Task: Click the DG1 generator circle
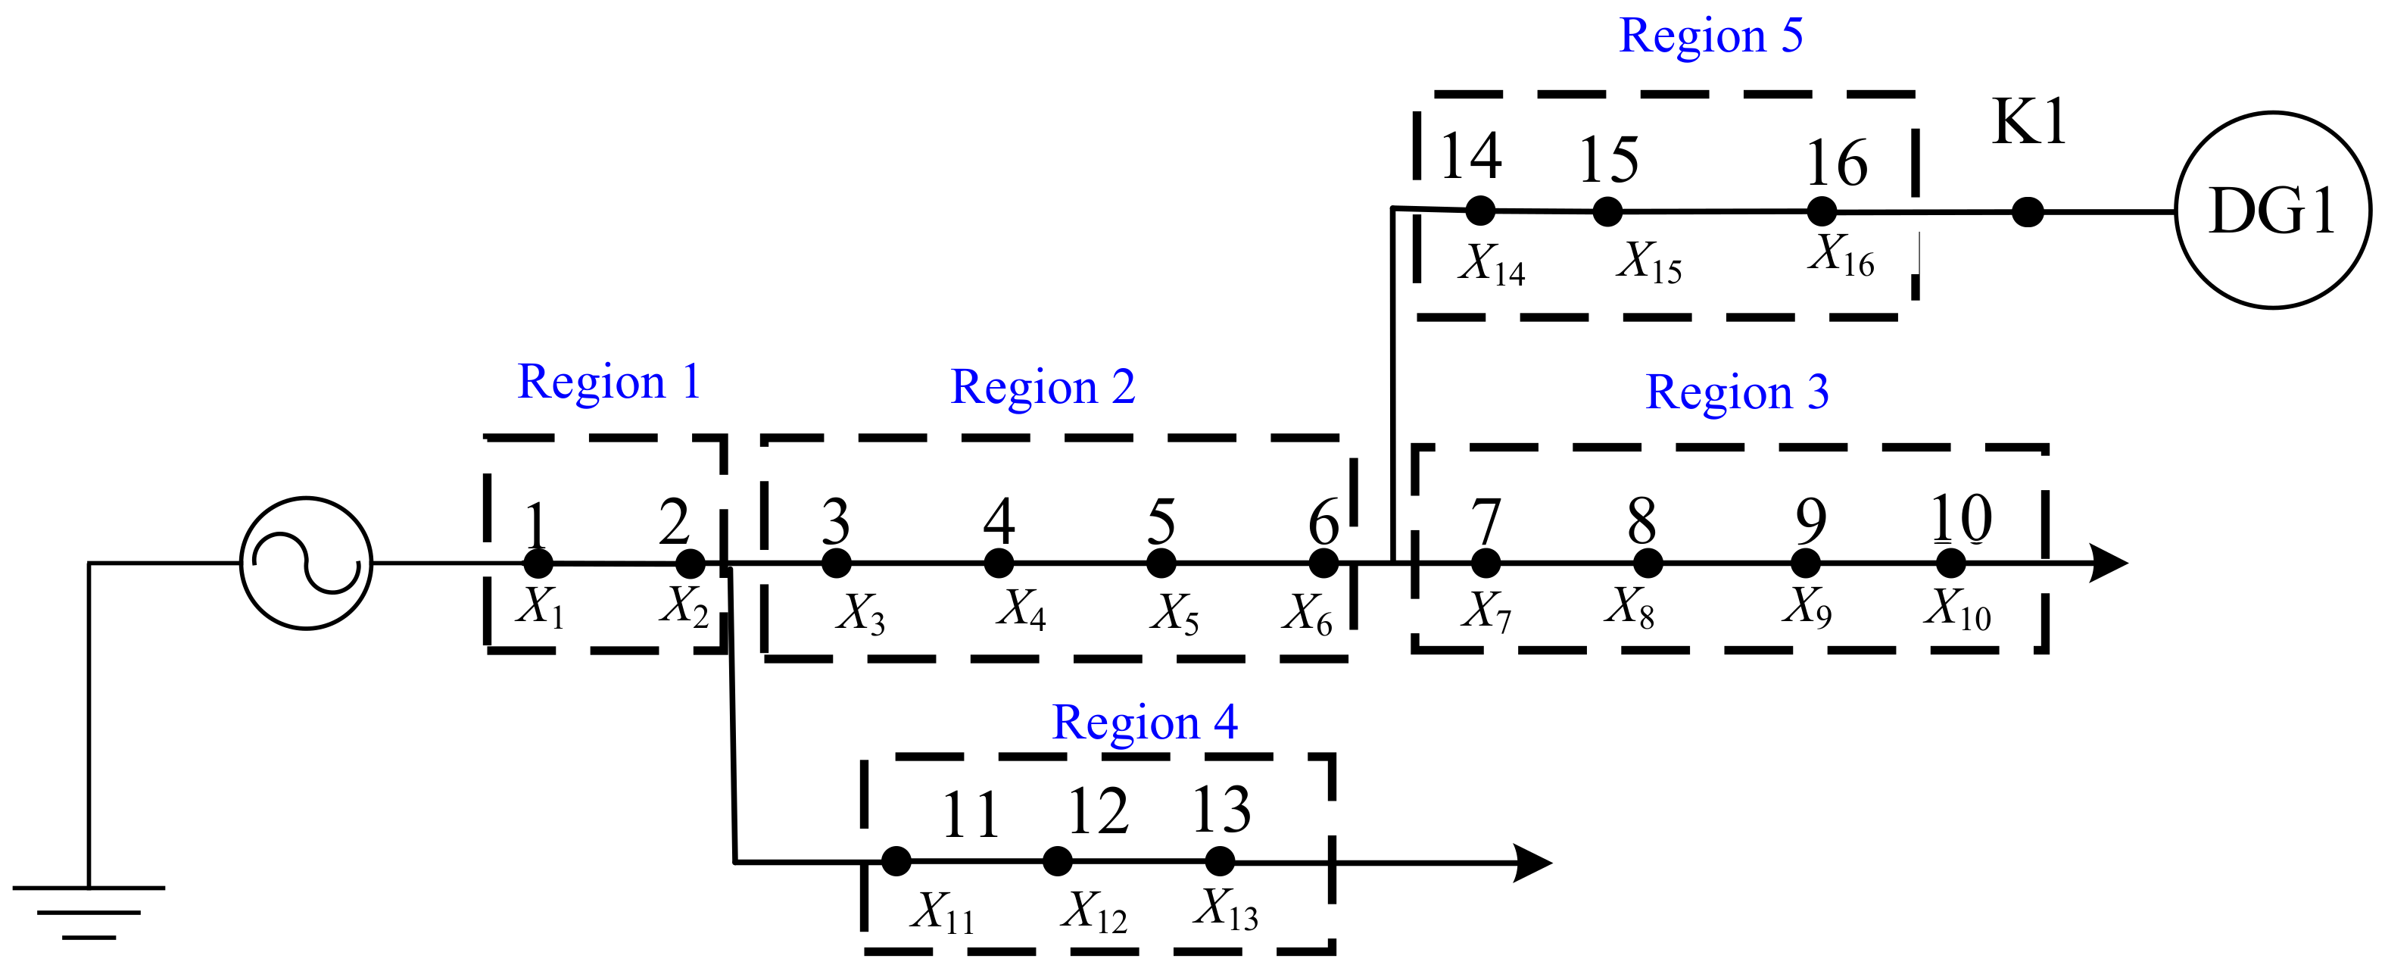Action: (2272, 211)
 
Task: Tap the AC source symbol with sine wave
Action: (307, 564)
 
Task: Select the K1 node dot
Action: (2027, 212)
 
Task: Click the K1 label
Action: (2028, 122)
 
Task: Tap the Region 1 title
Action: (608, 383)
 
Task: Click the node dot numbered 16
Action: (1821, 211)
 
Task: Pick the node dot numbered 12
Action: (1057, 861)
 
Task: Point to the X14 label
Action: (1492, 264)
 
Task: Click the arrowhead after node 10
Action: (2107, 564)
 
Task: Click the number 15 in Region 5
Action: (1608, 161)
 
